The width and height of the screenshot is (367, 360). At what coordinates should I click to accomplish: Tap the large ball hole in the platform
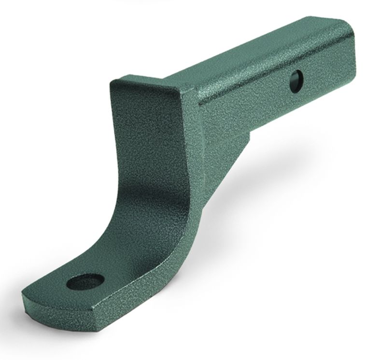[x=85, y=281]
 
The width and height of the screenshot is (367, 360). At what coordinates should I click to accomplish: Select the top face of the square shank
[x=251, y=53]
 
